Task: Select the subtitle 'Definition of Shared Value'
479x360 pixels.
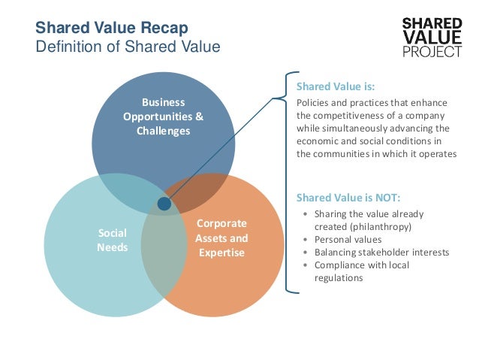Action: point(128,47)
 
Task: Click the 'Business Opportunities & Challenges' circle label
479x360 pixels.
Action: point(163,116)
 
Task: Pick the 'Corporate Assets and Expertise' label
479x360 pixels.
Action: point(221,238)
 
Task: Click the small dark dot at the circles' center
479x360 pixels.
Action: point(164,204)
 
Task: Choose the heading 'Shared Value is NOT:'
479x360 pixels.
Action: point(348,198)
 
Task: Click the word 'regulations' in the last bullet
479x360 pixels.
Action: point(339,277)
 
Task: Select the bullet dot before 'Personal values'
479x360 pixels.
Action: point(304,240)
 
